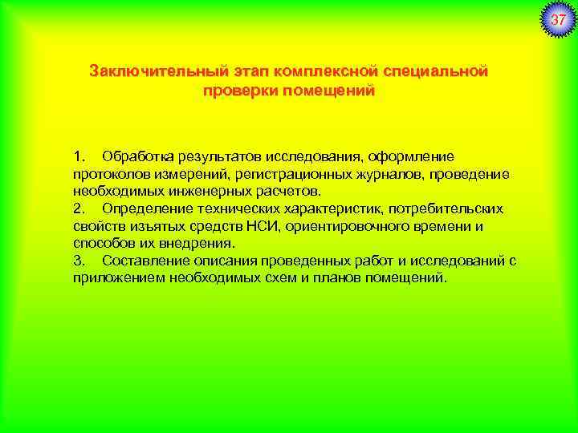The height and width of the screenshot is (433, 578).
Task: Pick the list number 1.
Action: tap(78, 155)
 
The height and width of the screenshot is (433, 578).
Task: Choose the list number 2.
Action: tap(78, 208)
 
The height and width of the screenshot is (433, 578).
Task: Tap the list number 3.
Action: tap(78, 261)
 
